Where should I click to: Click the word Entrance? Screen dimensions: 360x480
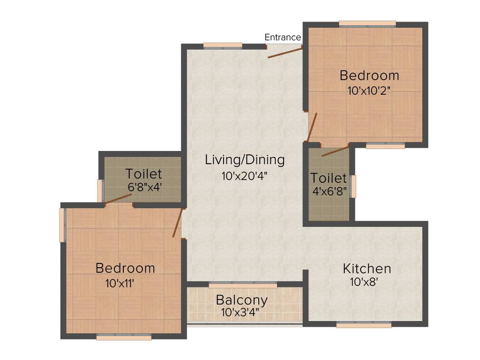click(x=283, y=37)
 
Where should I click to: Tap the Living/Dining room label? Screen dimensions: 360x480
click(x=245, y=160)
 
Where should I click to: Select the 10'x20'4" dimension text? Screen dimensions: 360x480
click(x=245, y=176)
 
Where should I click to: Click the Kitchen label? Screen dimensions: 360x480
click(x=367, y=269)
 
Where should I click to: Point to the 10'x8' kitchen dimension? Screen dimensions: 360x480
click(x=364, y=282)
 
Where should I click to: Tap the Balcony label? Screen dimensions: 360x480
click(x=242, y=300)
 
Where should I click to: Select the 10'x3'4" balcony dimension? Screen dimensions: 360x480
click(x=242, y=313)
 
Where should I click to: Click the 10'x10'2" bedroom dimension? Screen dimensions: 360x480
click(x=369, y=90)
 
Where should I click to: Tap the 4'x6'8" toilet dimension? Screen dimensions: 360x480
click(x=329, y=191)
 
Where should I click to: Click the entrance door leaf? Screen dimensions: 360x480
click(x=285, y=52)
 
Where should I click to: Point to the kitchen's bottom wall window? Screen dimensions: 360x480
click(x=364, y=324)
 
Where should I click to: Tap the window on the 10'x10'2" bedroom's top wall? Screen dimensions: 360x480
click(x=367, y=23)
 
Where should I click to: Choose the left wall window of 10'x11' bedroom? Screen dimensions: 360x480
click(x=62, y=225)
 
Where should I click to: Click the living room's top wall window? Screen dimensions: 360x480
click(x=223, y=45)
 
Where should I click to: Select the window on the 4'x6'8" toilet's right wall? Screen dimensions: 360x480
click(x=353, y=186)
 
